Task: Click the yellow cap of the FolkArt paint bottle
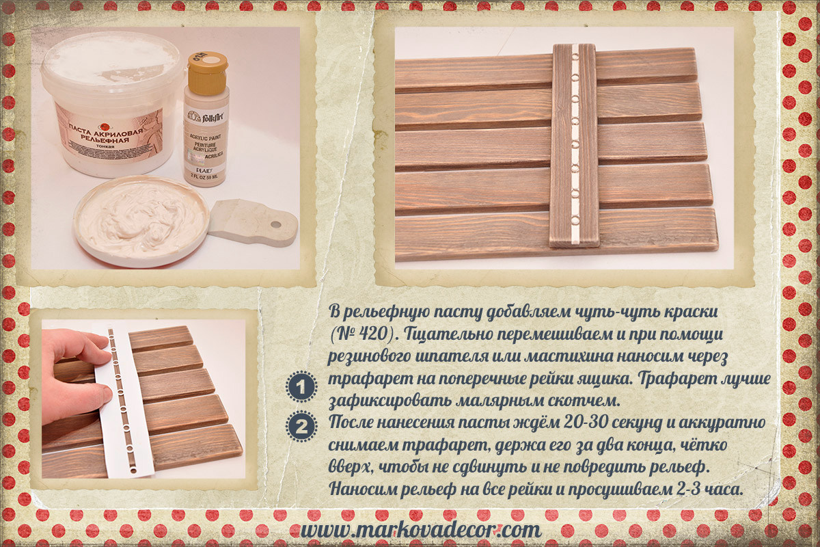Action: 208,73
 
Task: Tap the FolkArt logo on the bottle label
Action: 206,117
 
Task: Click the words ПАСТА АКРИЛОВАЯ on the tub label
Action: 105,130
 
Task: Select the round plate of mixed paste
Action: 141,222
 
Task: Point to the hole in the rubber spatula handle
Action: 276,224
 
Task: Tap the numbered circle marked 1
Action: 301,387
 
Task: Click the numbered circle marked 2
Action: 301,427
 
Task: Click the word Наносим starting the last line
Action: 362,489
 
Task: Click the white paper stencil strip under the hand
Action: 128,403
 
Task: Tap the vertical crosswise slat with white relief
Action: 574,146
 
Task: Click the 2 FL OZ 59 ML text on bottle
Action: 204,176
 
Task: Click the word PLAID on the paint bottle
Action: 202,170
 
